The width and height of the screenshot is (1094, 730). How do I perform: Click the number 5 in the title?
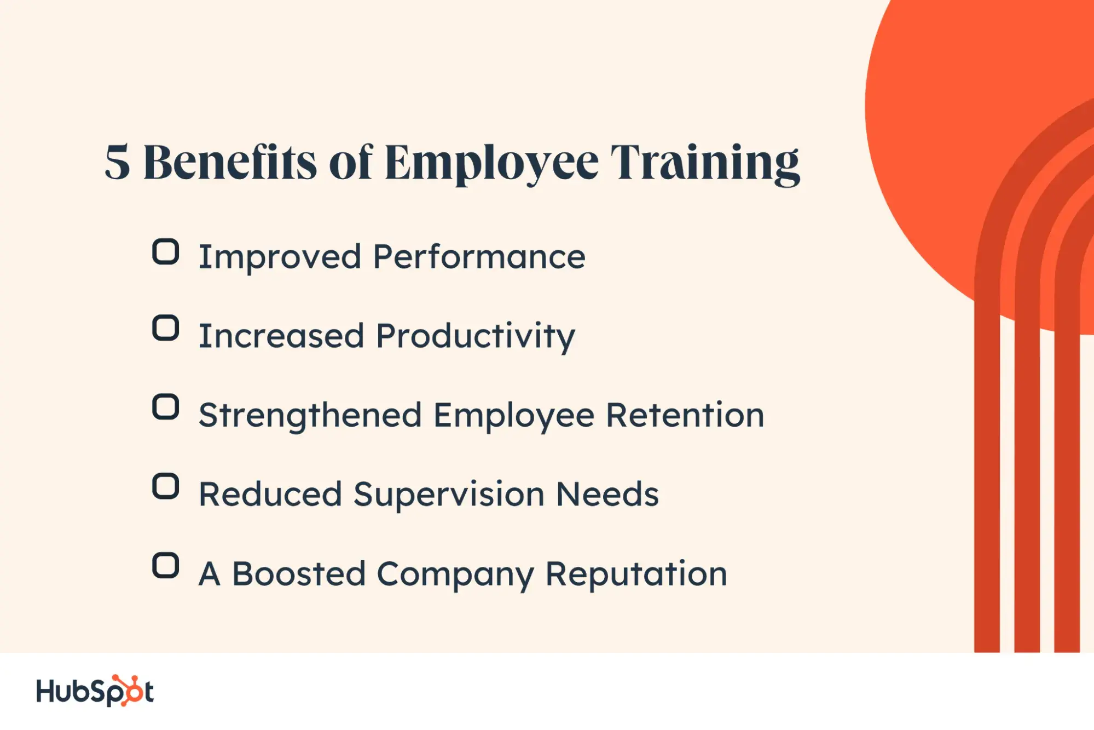coord(118,163)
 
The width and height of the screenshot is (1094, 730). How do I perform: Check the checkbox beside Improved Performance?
coord(165,252)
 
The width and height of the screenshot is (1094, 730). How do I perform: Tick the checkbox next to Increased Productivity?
coord(165,328)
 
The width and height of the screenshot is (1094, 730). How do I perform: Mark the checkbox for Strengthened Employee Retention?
coord(165,407)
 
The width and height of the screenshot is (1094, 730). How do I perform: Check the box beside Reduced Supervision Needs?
coord(165,486)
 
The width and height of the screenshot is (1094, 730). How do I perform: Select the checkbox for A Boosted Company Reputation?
coord(165,566)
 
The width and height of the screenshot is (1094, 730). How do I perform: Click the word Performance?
coord(479,257)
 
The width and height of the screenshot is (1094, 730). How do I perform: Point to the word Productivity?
coord(476,336)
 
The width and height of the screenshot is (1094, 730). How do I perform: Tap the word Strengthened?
coord(310,416)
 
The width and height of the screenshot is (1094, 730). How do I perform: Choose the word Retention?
coord(685,415)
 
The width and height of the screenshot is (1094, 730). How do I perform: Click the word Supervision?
coord(449,495)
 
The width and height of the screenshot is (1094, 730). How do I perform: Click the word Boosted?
coord(299,574)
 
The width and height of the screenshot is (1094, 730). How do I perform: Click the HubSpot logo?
coord(95,691)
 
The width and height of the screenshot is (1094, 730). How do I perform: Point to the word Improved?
coord(280,257)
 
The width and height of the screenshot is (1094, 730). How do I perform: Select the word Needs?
coord(607,495)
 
